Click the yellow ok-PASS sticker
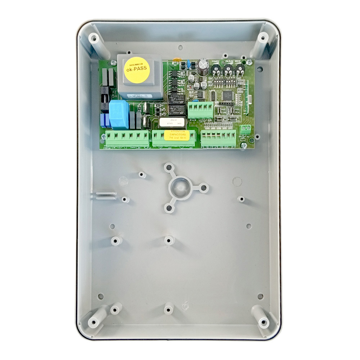[x=137, y=70]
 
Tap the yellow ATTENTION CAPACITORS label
[x=175, y=136]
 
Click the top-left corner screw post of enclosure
[x=94, y=38]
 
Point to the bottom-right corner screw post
[x=263, y=321]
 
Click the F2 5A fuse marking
[x=114, y=94]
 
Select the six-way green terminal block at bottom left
[x=127, y=138]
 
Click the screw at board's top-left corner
[x=114, y=63]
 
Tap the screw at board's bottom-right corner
[x=244, y=145]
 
